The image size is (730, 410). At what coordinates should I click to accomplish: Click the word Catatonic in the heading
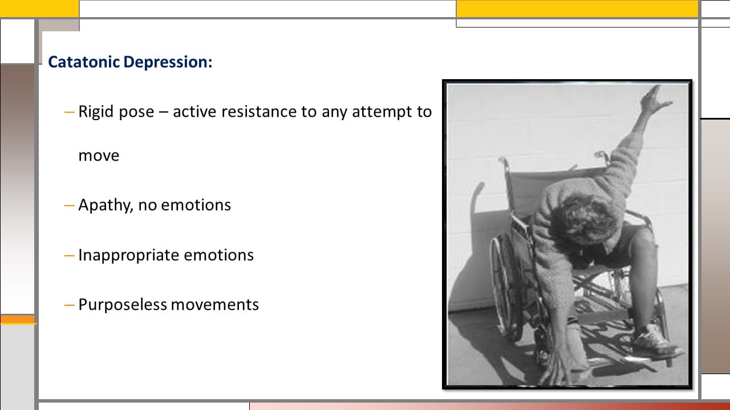tap(84, 62)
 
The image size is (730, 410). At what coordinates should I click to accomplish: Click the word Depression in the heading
tap(168, 63)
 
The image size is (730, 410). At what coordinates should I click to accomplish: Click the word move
tap(99, 155)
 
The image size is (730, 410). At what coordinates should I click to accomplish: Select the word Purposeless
tap(123, 305)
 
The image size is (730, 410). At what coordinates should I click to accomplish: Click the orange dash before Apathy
tap(69, 206)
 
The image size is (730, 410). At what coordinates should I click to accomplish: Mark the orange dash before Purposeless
tap(69, 305)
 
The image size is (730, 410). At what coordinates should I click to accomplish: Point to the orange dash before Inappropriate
tap(69, 256)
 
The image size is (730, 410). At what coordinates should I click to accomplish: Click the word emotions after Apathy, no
tap(196, 206)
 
